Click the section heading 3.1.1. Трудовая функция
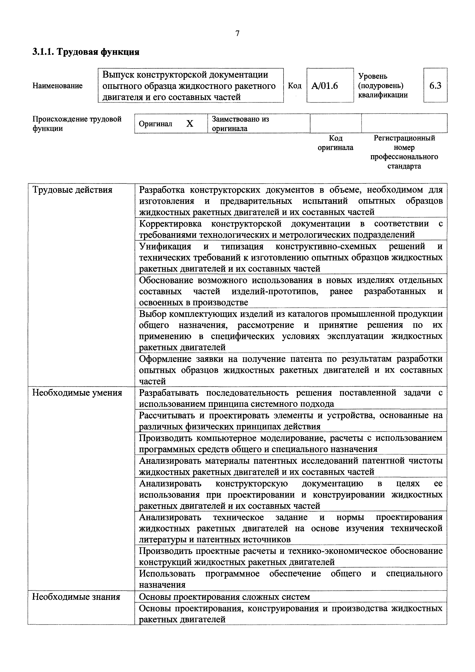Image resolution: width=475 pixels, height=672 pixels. [x=86, y=52]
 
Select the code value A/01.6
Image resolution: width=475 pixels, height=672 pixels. [x=325, y=86]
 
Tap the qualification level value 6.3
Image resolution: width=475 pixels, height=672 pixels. [x=435, y=86]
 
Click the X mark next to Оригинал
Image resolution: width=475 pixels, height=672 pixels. [x=190, y=124]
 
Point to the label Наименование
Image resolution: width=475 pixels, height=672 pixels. [x=57, y=86]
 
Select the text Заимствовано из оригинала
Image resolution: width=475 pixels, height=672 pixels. [x=240, y=124]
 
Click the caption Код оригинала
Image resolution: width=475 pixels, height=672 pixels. [x=336, y=143]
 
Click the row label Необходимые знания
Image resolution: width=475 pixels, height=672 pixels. [x=76, y=597]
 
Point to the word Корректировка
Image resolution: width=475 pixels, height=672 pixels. [x=170, y=224]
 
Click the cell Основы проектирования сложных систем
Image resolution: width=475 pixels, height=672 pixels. [x=224, y=597]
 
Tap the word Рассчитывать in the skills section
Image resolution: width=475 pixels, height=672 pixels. [x=165, y=415]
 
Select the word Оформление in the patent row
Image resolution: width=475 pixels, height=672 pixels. [x=165, y=359]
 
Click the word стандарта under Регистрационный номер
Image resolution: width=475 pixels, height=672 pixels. [x=404, y=166]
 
